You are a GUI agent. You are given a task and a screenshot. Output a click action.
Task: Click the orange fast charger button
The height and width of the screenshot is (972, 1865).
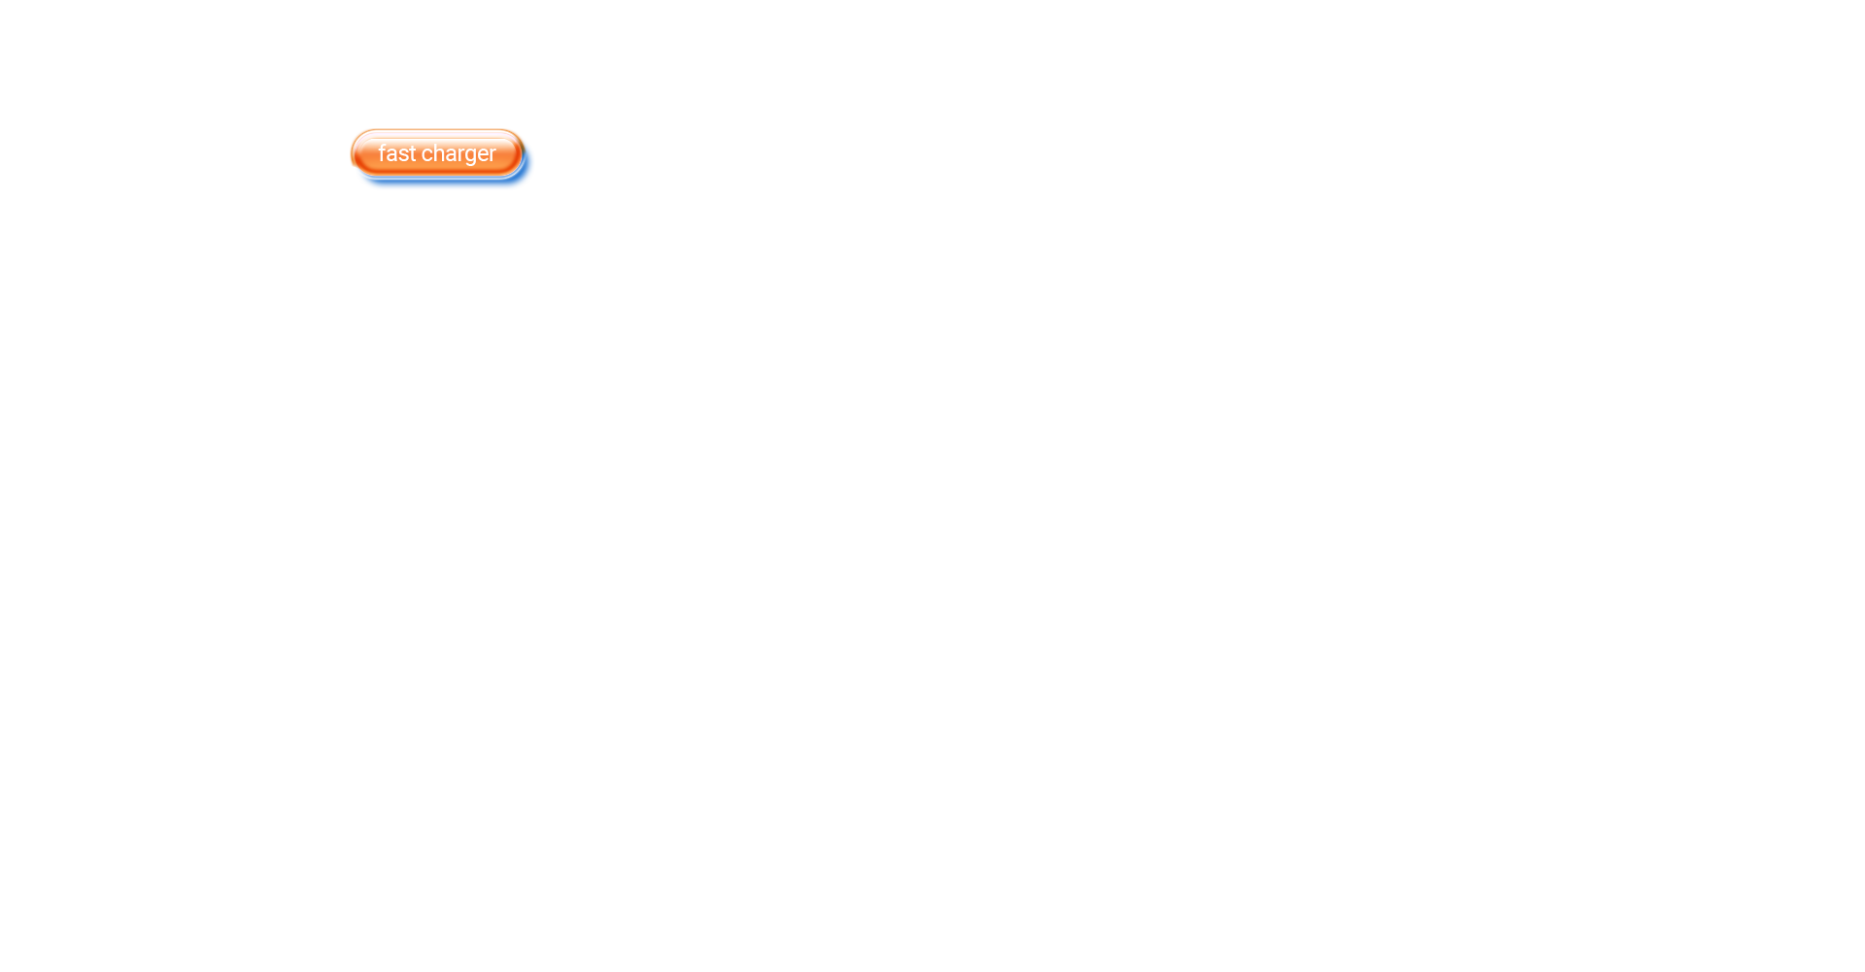[437, 153]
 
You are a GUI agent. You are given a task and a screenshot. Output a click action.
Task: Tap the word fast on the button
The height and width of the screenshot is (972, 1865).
[396, 153]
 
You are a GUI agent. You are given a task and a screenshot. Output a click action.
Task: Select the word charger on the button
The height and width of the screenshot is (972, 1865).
[458, 155]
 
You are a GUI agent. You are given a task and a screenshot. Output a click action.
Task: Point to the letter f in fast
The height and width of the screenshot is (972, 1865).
[383, 153]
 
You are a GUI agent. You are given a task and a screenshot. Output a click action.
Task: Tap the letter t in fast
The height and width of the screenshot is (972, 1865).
[412, 154]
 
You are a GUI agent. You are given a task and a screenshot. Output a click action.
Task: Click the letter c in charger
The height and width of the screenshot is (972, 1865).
[427, 155]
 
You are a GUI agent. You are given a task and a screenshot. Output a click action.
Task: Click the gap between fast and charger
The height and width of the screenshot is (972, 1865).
[419, 154]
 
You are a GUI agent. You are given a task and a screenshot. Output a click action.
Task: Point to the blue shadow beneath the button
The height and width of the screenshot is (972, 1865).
[442, 178]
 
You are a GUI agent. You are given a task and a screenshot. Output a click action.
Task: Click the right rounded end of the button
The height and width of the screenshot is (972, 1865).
[518, 153]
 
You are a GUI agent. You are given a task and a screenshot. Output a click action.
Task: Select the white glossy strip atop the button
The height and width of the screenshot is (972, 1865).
[437, 136]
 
